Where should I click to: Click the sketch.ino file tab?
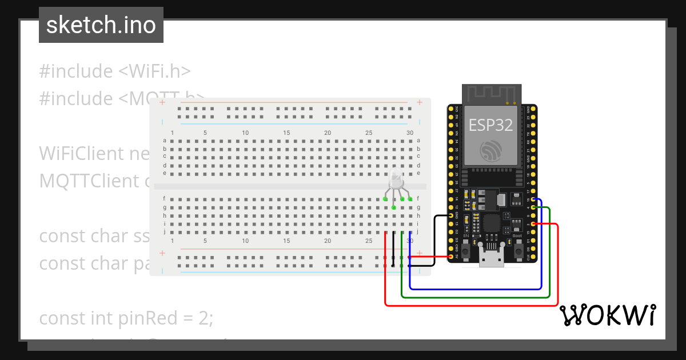pyautogui.click(x=101, y=25)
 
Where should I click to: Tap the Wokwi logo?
pyautogui.click(x=607, y=315)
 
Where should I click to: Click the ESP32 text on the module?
pyautogui.click(x=490, y=125)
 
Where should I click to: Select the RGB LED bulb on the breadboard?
pyautogui.click(x=396, y=181)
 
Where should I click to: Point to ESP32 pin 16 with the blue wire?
pyautogui.click(x=532, y=199)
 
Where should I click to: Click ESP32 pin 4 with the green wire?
pyautogui.click(x=532, y=207)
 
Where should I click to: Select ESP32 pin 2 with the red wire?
pyautogui.click(x=532, y=224)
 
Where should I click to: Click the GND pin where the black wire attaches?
pyautogui.click(x=451, y=215)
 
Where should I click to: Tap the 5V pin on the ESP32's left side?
pyautogui.click(x=451, y=257)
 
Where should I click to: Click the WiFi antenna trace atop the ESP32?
pyautogui.click(x=491, y=93)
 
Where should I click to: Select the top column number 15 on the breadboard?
pyautogui.click(x=286, y=133)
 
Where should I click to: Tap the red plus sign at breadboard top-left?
pyautogui.click(x=162, y=103)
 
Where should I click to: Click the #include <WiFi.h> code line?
pyautogui.click(x=114, y=71)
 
